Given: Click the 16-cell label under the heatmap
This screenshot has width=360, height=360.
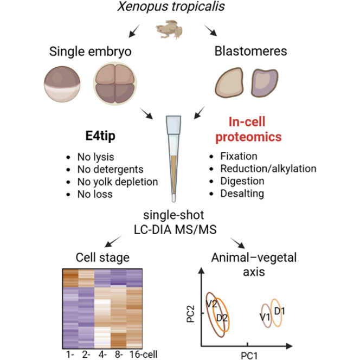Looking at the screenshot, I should coord(143,355).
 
